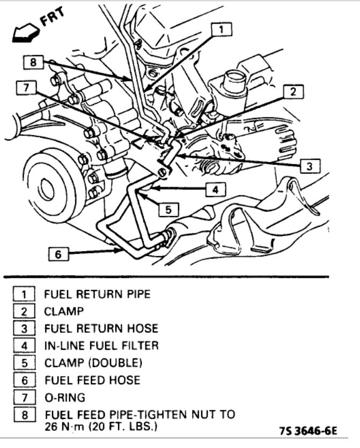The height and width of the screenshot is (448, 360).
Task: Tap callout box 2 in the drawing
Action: pos(293,92)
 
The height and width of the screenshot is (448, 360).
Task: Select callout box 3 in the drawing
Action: pos(309,166)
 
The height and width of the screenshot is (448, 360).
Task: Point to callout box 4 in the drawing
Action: pos(215,189)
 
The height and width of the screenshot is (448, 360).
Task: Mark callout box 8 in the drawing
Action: pos(33,62)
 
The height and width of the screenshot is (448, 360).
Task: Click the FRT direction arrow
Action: pos(24,34)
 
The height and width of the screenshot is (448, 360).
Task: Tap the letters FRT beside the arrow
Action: pos(52,20)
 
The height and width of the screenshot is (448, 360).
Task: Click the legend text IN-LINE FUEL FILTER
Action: pos(102,346)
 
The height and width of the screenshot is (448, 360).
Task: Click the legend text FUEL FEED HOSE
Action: pos(92,380)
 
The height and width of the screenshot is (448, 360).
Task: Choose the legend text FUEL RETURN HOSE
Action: pos(101,328)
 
